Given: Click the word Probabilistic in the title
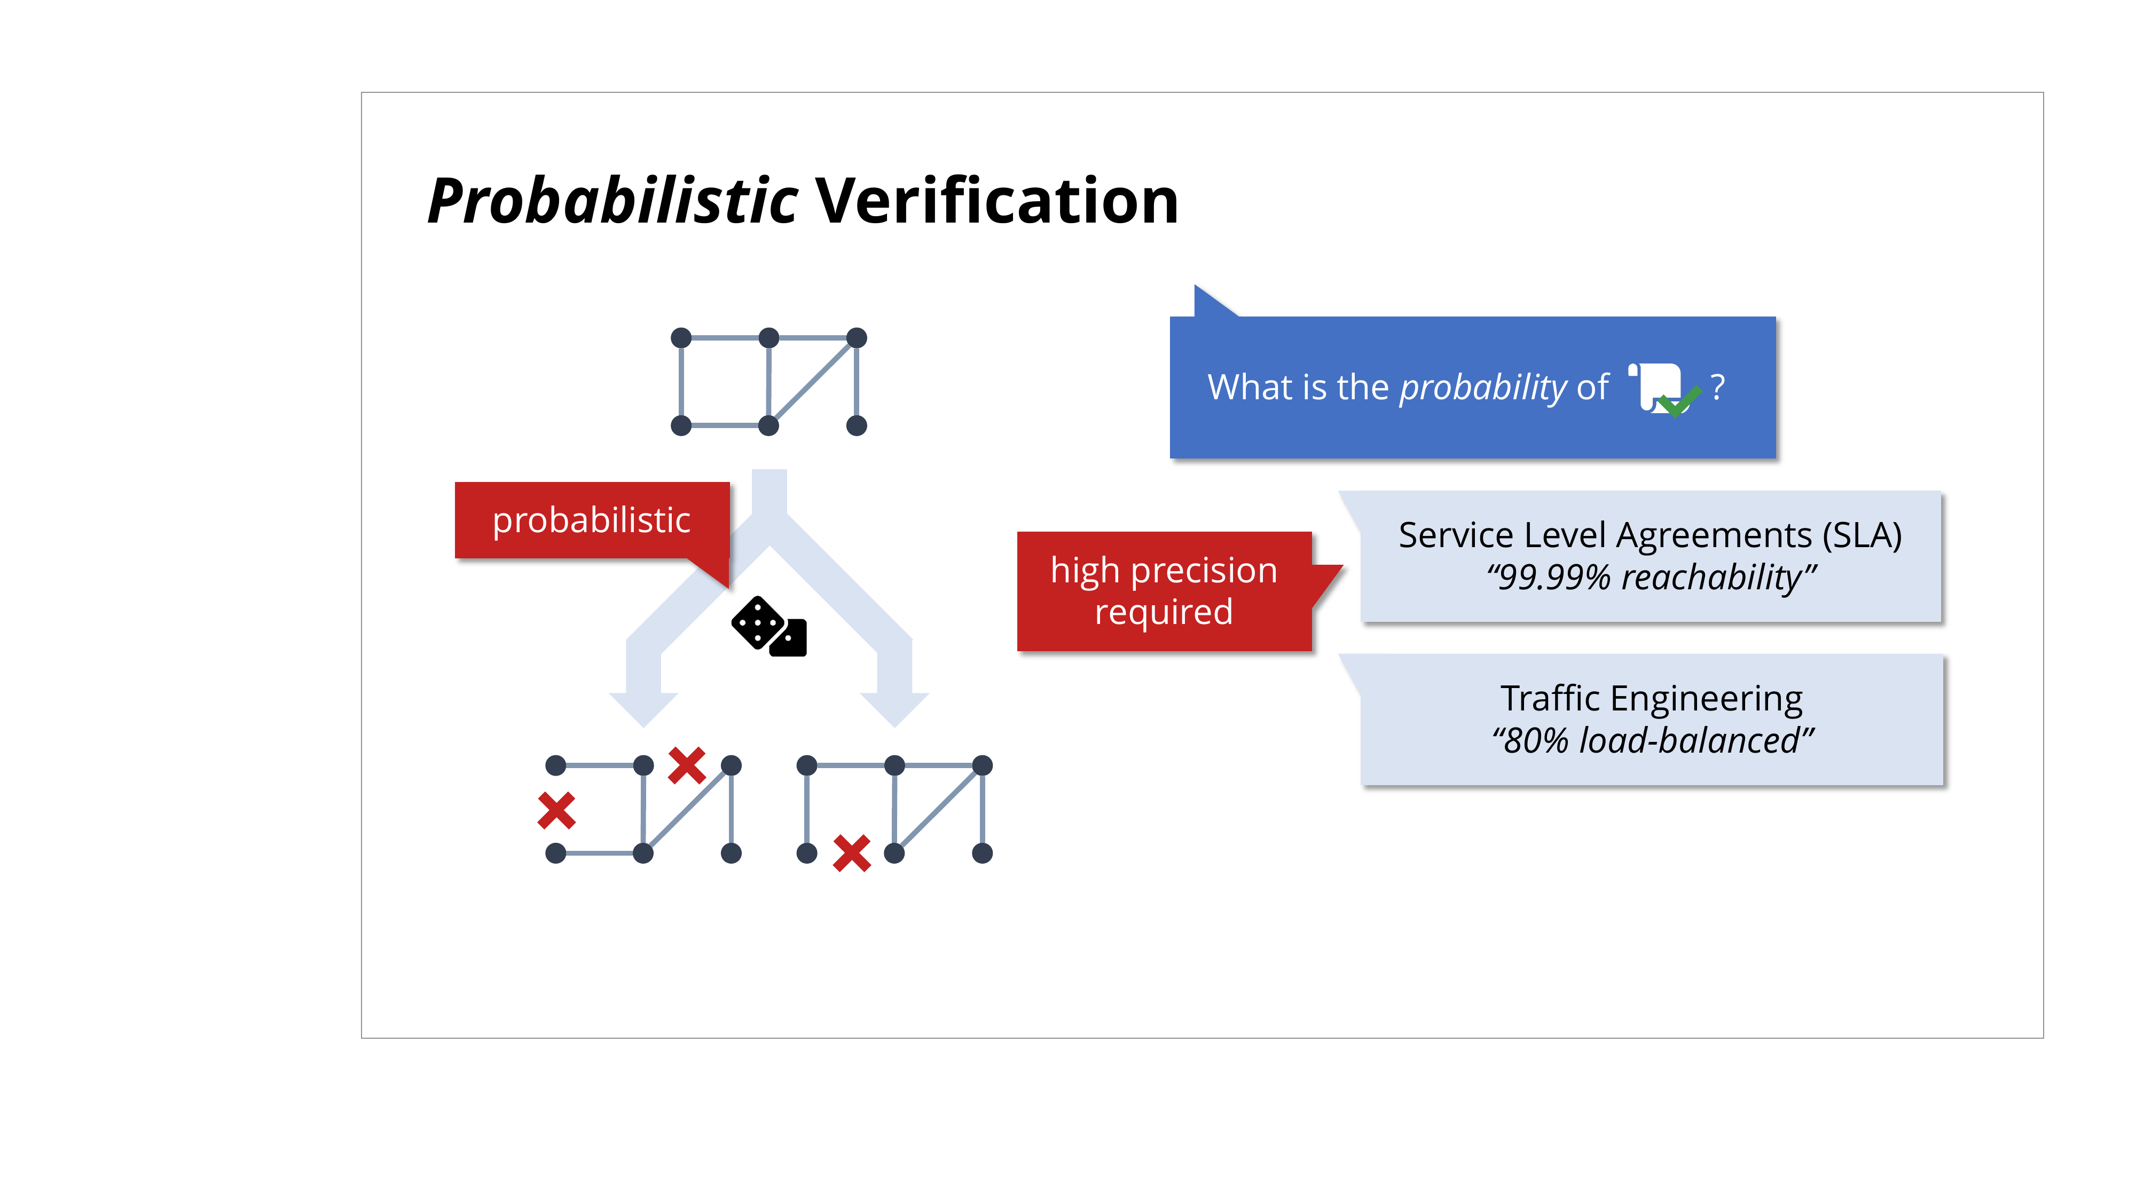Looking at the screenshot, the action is point(613,201).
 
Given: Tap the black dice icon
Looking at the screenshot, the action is point(768,627).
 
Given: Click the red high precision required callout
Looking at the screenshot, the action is point(1164,591).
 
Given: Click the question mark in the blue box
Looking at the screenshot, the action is point(1718,387).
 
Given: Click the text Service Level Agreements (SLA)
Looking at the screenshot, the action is point(1650,535).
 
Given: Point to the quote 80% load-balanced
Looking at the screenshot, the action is point(1653,740).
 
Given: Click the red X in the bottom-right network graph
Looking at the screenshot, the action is point(852,853).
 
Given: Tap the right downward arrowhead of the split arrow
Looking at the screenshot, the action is point(894,709).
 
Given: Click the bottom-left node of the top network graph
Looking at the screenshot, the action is point(681,426).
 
